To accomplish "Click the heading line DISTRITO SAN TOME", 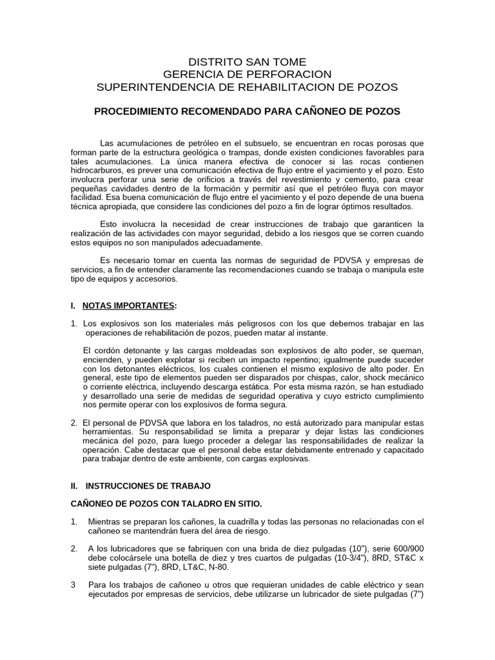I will [x=247, y=62].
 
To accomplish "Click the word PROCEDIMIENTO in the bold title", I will [x=137, y=112].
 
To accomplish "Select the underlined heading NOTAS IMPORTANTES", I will [x=128, y=304].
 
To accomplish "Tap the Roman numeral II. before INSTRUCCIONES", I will [x=73, y=485].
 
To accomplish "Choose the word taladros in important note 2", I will [x=233, y=422].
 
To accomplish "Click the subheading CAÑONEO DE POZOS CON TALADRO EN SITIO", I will [x=166, y=502].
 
